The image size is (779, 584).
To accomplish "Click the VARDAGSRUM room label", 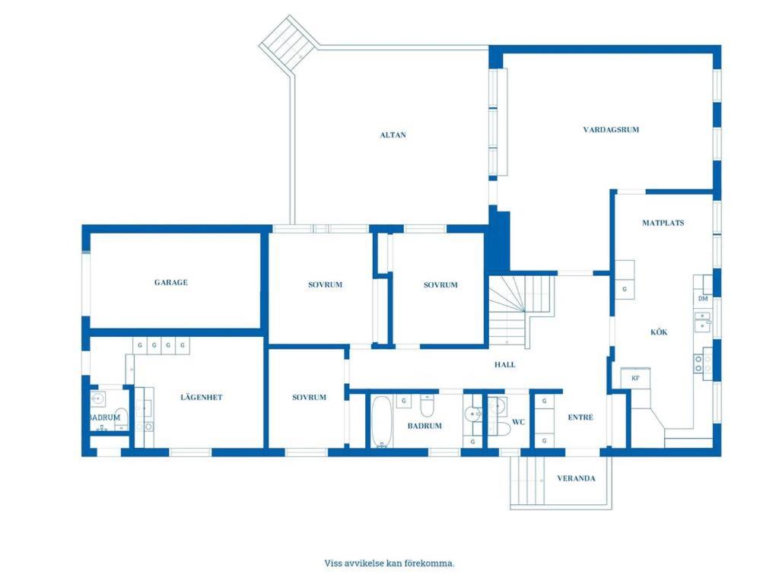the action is [611, 129].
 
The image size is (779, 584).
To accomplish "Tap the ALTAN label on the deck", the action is [393, 135].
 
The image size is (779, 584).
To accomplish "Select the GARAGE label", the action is [171, 283].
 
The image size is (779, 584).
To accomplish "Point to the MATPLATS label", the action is [663, 223].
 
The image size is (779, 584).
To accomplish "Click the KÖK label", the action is [659, 332].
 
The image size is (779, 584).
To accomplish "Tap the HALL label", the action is [505, 364].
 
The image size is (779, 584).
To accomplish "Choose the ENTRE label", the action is [580, 417].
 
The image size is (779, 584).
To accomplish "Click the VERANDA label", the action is [576, 479].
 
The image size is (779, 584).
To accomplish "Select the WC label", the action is [518, 422].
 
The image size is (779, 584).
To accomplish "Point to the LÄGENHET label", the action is [201, 397].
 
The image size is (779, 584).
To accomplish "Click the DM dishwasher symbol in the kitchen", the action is [703, 299].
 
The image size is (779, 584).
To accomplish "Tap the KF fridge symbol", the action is [635, 378].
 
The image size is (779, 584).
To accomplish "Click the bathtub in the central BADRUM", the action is [382, 421].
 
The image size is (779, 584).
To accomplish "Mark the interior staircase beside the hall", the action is [522, 311].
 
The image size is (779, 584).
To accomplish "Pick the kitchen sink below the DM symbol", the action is [702, 322].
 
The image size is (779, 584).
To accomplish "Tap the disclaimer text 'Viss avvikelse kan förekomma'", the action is [389, 563].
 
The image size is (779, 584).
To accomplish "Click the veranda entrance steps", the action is [528, 481].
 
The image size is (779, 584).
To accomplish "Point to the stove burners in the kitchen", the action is [699, 363].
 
